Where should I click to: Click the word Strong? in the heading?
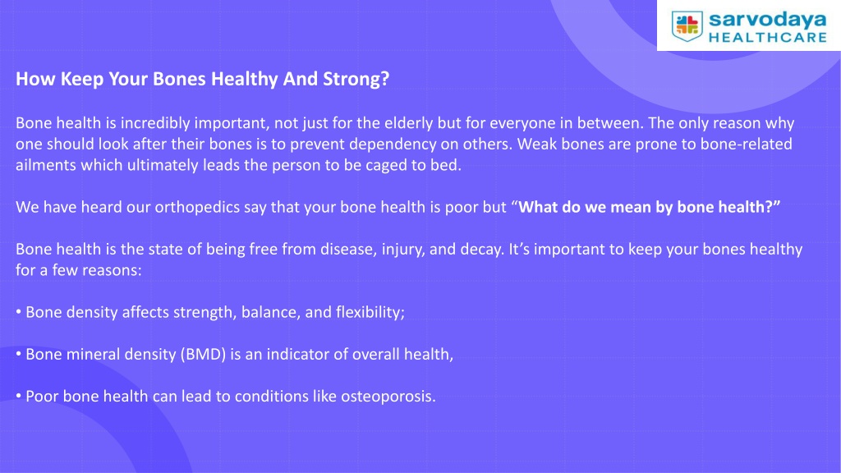[356, 79]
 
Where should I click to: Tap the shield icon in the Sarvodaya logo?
[687, 25]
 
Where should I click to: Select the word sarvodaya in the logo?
[768, 21]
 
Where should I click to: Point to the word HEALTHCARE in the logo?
[768, 38]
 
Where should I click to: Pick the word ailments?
[46, 165]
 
